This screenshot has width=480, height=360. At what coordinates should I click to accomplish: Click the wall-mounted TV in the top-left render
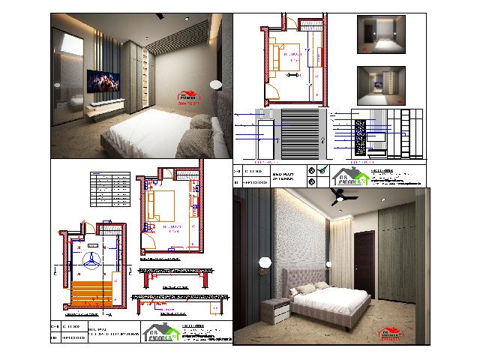pos(106,80)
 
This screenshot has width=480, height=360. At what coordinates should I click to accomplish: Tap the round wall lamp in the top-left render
pos(215,82)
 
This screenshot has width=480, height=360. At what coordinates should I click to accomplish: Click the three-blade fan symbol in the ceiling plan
pos(91,259)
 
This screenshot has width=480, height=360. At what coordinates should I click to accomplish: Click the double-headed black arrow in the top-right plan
pos(293,75)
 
